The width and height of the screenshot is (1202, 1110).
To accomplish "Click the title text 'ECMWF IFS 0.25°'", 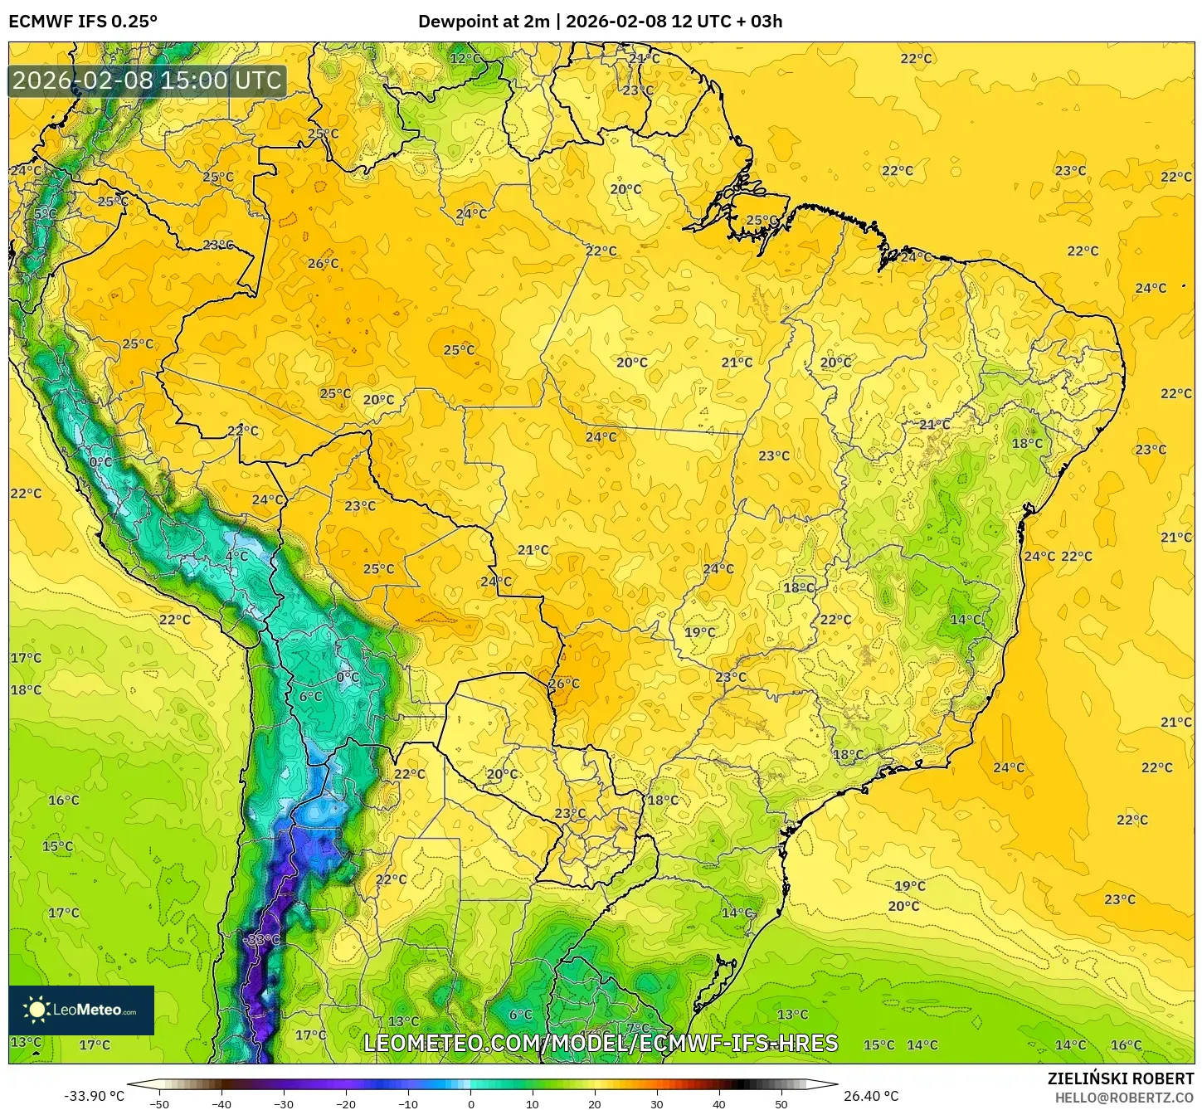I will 83,22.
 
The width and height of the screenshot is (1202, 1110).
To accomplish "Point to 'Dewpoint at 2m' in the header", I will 484,22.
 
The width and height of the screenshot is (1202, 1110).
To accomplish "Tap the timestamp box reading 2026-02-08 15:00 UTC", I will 147,80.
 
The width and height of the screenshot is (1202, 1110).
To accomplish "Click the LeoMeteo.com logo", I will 81,1010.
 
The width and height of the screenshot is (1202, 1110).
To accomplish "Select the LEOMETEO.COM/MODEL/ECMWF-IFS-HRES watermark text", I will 601,1043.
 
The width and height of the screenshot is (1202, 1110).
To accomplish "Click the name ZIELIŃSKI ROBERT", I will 1120,1078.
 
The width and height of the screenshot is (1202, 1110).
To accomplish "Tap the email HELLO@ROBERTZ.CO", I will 1123,1098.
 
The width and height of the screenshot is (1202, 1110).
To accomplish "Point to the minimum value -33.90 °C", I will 94,1096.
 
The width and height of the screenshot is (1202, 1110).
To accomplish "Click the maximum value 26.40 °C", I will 871,1096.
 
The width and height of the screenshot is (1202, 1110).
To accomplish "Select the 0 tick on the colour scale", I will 470,1103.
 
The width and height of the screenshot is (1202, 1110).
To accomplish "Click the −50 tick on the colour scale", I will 158,1103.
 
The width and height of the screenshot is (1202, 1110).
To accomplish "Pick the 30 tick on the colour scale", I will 657,1103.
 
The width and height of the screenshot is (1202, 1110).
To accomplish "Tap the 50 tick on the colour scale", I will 781,1103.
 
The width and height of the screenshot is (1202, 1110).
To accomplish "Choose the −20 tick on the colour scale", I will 346,1103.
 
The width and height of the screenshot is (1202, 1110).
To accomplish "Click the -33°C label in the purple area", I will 263,939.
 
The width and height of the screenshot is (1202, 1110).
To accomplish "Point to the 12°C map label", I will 465,58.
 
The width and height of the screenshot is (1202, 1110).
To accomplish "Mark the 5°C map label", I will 46,214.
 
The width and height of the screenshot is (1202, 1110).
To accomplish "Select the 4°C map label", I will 236,556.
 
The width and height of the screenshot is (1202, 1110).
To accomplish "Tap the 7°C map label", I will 638,1028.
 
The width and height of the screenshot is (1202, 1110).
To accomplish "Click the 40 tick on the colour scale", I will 719,1103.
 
